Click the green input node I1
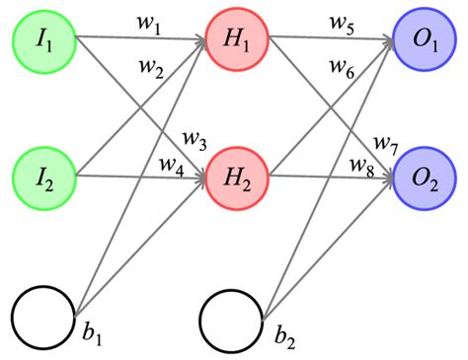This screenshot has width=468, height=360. tap(43, 41)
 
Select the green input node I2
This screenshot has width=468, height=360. tap(43, 179)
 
